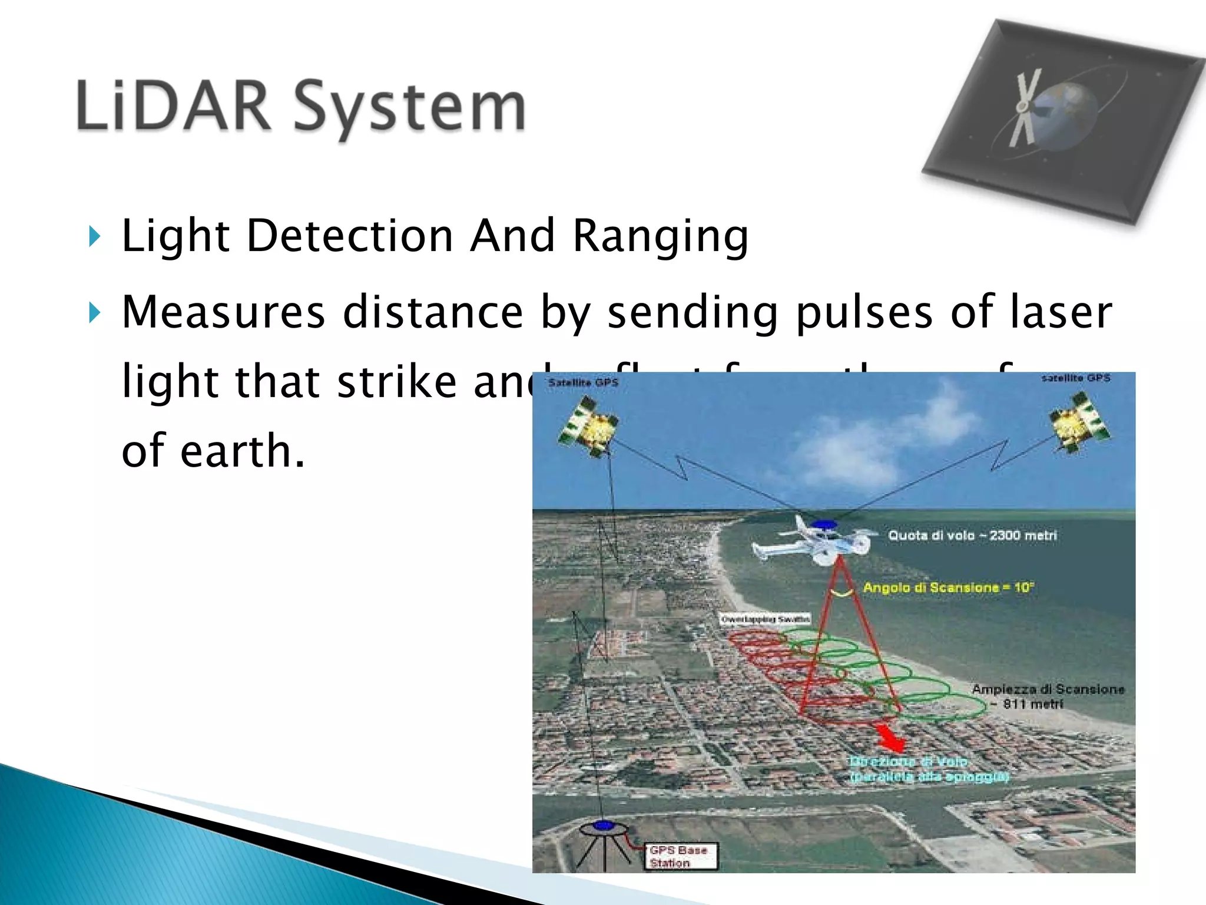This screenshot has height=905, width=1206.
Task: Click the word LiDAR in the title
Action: click(173, 106)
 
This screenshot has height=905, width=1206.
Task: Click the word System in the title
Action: click(409, 109)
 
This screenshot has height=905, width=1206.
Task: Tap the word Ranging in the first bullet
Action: click(660, 236)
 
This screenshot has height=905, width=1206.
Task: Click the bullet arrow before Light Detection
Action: click(94, 236)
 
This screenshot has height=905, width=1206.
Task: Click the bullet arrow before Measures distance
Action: click(94, 313)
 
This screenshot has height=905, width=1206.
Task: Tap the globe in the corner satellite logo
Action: click(1069, 112)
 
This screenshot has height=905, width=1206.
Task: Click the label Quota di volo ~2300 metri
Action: click(972, 536)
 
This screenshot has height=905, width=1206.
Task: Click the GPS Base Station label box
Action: click(682, 856)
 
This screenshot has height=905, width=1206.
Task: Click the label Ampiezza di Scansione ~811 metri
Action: click(1047, 696)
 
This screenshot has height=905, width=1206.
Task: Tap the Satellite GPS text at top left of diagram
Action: click(583, 383)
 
